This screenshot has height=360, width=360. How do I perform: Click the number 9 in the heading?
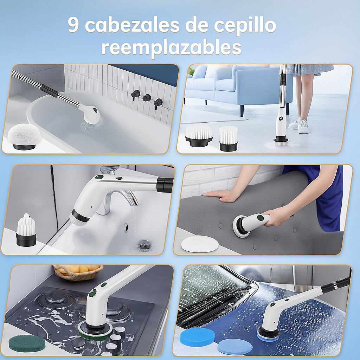coord(73,25)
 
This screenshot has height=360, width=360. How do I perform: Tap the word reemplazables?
coord(171,48)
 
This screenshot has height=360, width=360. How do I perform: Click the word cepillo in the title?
coord(245,26)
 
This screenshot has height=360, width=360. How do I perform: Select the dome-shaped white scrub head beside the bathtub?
coord(24,137)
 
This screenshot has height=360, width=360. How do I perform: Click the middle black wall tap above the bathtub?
coord(147,98)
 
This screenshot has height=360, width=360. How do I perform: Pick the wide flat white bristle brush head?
coord(199,136)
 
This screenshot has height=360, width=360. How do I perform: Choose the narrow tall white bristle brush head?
coord(228,139)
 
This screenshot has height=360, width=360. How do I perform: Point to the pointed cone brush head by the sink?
coord(26,230)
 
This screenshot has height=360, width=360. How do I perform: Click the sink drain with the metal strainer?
coord(144,245)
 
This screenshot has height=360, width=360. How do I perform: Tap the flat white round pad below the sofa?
coord(200,244)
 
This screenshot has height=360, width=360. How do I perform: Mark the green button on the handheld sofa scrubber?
coord(260,217)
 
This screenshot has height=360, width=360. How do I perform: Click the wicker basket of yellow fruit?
coord(78,272)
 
